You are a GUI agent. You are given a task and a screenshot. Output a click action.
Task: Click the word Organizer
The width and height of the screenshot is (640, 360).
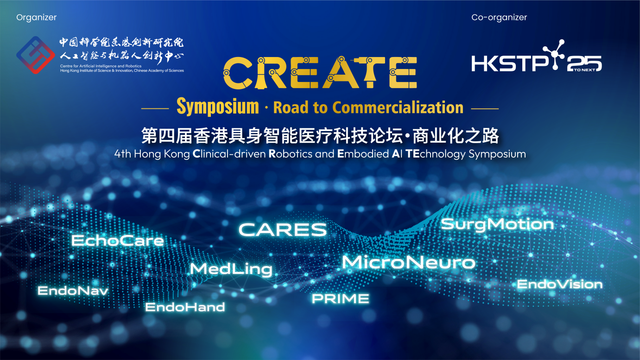[x=36, y=18]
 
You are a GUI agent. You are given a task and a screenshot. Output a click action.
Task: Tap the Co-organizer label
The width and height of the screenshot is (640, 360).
[x=499, y=18]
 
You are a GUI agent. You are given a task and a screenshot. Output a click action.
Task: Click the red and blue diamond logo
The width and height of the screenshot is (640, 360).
[x=35, y=55]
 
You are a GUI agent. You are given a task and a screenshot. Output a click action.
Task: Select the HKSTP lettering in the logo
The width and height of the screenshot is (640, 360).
[x=509, y=63]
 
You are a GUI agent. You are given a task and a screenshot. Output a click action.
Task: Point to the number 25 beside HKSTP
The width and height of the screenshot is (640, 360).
[x=584, y=63]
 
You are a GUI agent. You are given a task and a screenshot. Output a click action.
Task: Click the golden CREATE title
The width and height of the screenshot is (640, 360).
[x=320, y=72]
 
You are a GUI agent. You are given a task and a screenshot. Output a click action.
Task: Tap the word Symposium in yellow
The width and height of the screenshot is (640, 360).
[x=218, y=107]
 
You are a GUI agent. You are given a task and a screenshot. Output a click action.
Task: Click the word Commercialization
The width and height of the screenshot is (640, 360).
[x=398, y=107]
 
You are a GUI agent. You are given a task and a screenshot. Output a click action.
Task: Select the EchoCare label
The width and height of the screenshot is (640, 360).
[x=117, y=240]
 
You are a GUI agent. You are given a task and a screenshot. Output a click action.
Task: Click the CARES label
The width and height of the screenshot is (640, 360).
[x=283, y=230]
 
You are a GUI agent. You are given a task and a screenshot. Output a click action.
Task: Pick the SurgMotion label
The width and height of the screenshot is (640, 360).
[x=497, y=225]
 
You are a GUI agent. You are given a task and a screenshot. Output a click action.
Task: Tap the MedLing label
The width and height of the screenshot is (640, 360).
[x=231, y=270]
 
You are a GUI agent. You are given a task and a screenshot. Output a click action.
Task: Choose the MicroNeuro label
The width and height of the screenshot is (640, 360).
[x=409, y=262]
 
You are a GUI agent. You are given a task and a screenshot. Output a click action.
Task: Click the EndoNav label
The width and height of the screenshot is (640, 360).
[x=73, y=291]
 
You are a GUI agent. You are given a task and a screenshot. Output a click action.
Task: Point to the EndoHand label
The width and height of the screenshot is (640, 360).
[x=185, y=307]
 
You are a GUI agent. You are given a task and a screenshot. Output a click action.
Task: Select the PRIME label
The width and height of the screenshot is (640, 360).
[x=340, y=299]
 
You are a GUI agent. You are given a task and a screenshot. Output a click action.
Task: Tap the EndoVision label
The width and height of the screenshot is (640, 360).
[x=560, y=284]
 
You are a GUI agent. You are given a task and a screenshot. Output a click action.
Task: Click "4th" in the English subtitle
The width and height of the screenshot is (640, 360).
[x=122, y=154]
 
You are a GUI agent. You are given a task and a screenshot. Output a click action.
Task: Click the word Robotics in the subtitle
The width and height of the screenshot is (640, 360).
[x=291, y=154]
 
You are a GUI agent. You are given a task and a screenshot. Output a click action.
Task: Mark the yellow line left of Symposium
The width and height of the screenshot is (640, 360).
[x=155, y=108]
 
